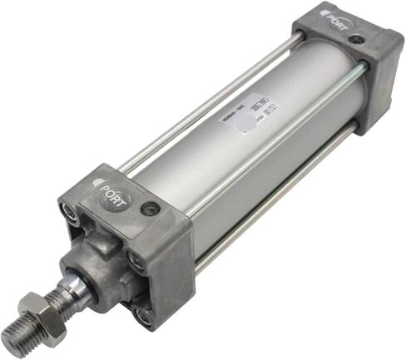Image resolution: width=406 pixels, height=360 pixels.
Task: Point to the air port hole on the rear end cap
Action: [355, 39]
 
